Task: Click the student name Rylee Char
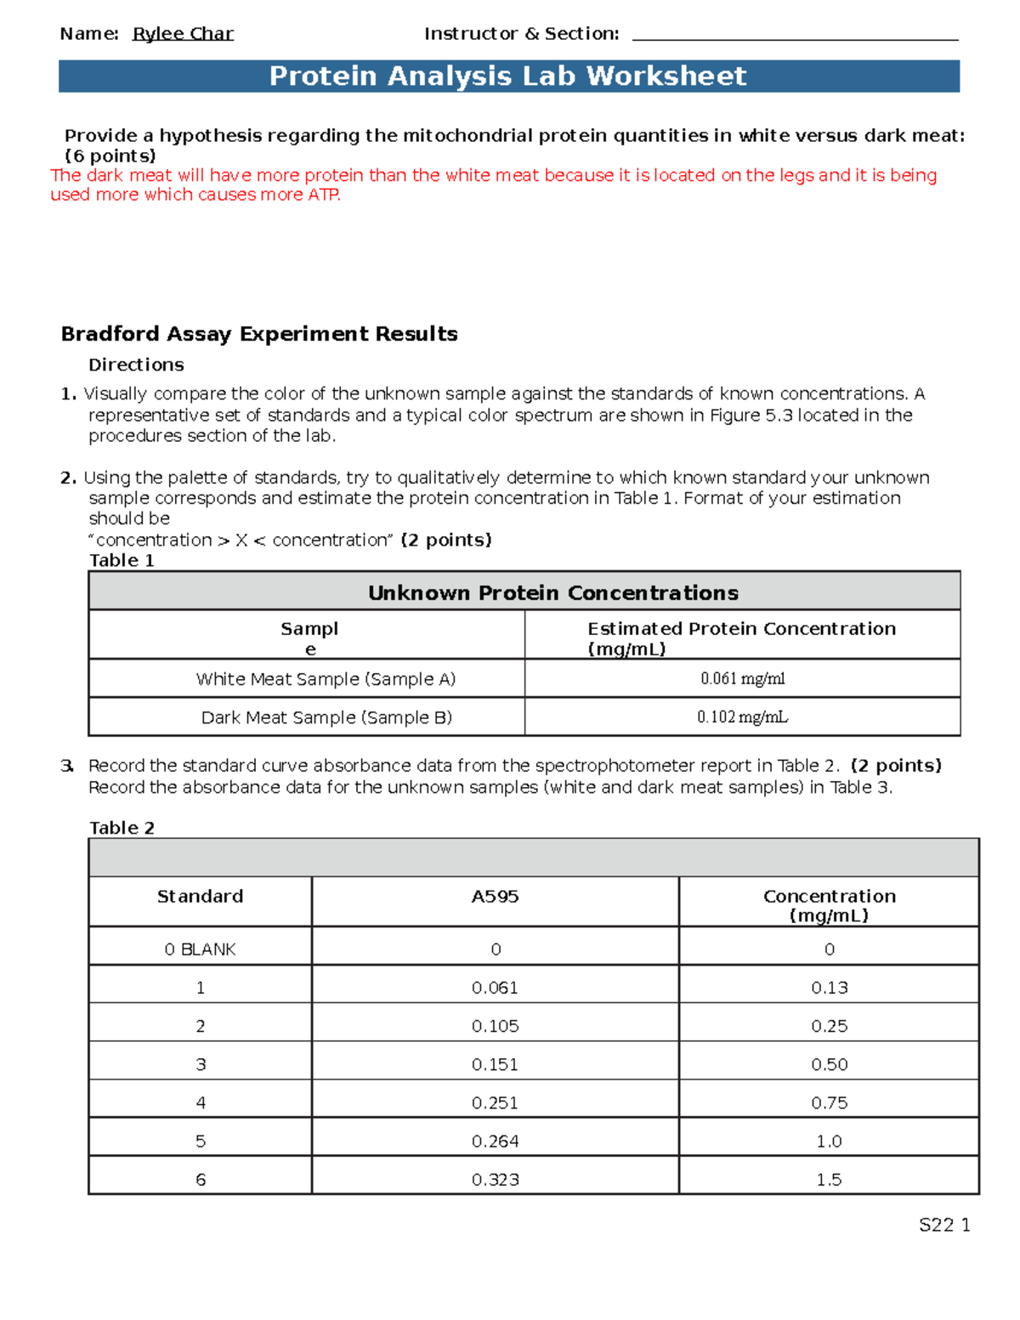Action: pyautogui.click(x=183, y=34)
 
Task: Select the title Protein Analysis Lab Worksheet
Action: pyautogui.click(x=507, y=76)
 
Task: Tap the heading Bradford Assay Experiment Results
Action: pyautogui.click(x=259, y=334)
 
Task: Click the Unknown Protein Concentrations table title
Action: pyautogui.click(x=552, y=592)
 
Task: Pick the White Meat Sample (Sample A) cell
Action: pyautogui.click(x=326, y=679)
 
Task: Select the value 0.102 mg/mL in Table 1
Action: pyautogui.click(x=742, y=717)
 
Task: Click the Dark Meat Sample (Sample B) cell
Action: pyautogui.click(x=326, y=717)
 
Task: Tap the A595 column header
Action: pyautogui.click(x=495, y=897)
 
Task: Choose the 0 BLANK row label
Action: pyautogui.click(x=200, y=949)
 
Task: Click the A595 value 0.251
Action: pyautogui.click(x=495, y=1103)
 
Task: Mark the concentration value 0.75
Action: pyautogui.click(x=829, y=1103)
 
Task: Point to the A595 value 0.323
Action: pyautogui.click(x=495, y=1180)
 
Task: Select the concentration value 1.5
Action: pyautogui.click(x=829, y=1180)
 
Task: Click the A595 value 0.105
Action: pyautogui.click(x=495, y=1027)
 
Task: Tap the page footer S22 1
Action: pyautogui.click(x=944, y=1225)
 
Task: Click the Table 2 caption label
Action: pyautogui.click(x=122, y=828)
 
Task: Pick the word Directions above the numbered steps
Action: pyautogui.click(x=136, y=365)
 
